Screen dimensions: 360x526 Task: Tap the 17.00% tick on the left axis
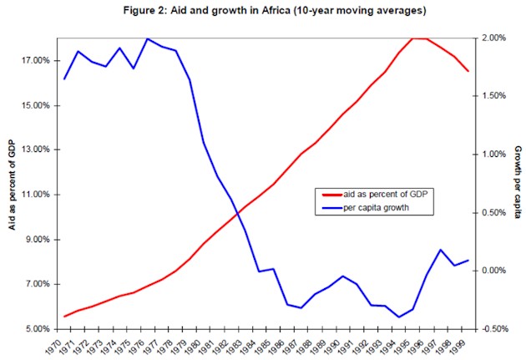(35, 61)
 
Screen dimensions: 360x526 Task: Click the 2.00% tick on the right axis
(494, 38)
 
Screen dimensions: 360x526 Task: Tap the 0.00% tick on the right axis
(494, 271)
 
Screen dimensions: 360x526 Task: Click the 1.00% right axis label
(494, 155)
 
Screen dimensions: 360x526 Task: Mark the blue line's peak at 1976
(148, 38)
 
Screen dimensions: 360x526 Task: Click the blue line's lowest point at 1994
(398, 317)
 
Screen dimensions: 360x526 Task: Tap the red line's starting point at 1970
(64, 317)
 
